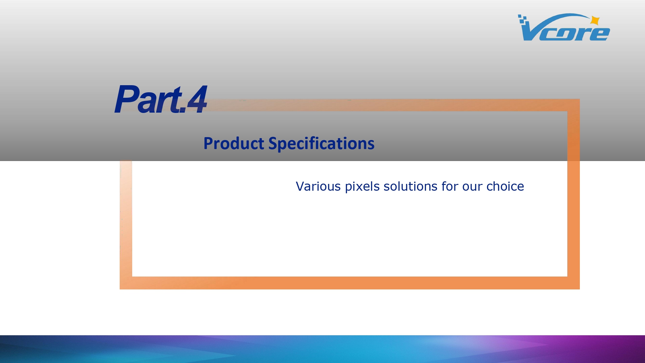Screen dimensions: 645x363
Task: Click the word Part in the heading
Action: tap(149, 99)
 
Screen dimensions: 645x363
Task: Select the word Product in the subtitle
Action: tap(234, 144)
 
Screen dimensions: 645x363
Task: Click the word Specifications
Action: tap(322, 144)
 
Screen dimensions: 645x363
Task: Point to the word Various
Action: tap(318, 187)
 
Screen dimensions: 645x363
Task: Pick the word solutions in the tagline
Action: tap(411, 187)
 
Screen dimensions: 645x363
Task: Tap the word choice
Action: tap(505, 187)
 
